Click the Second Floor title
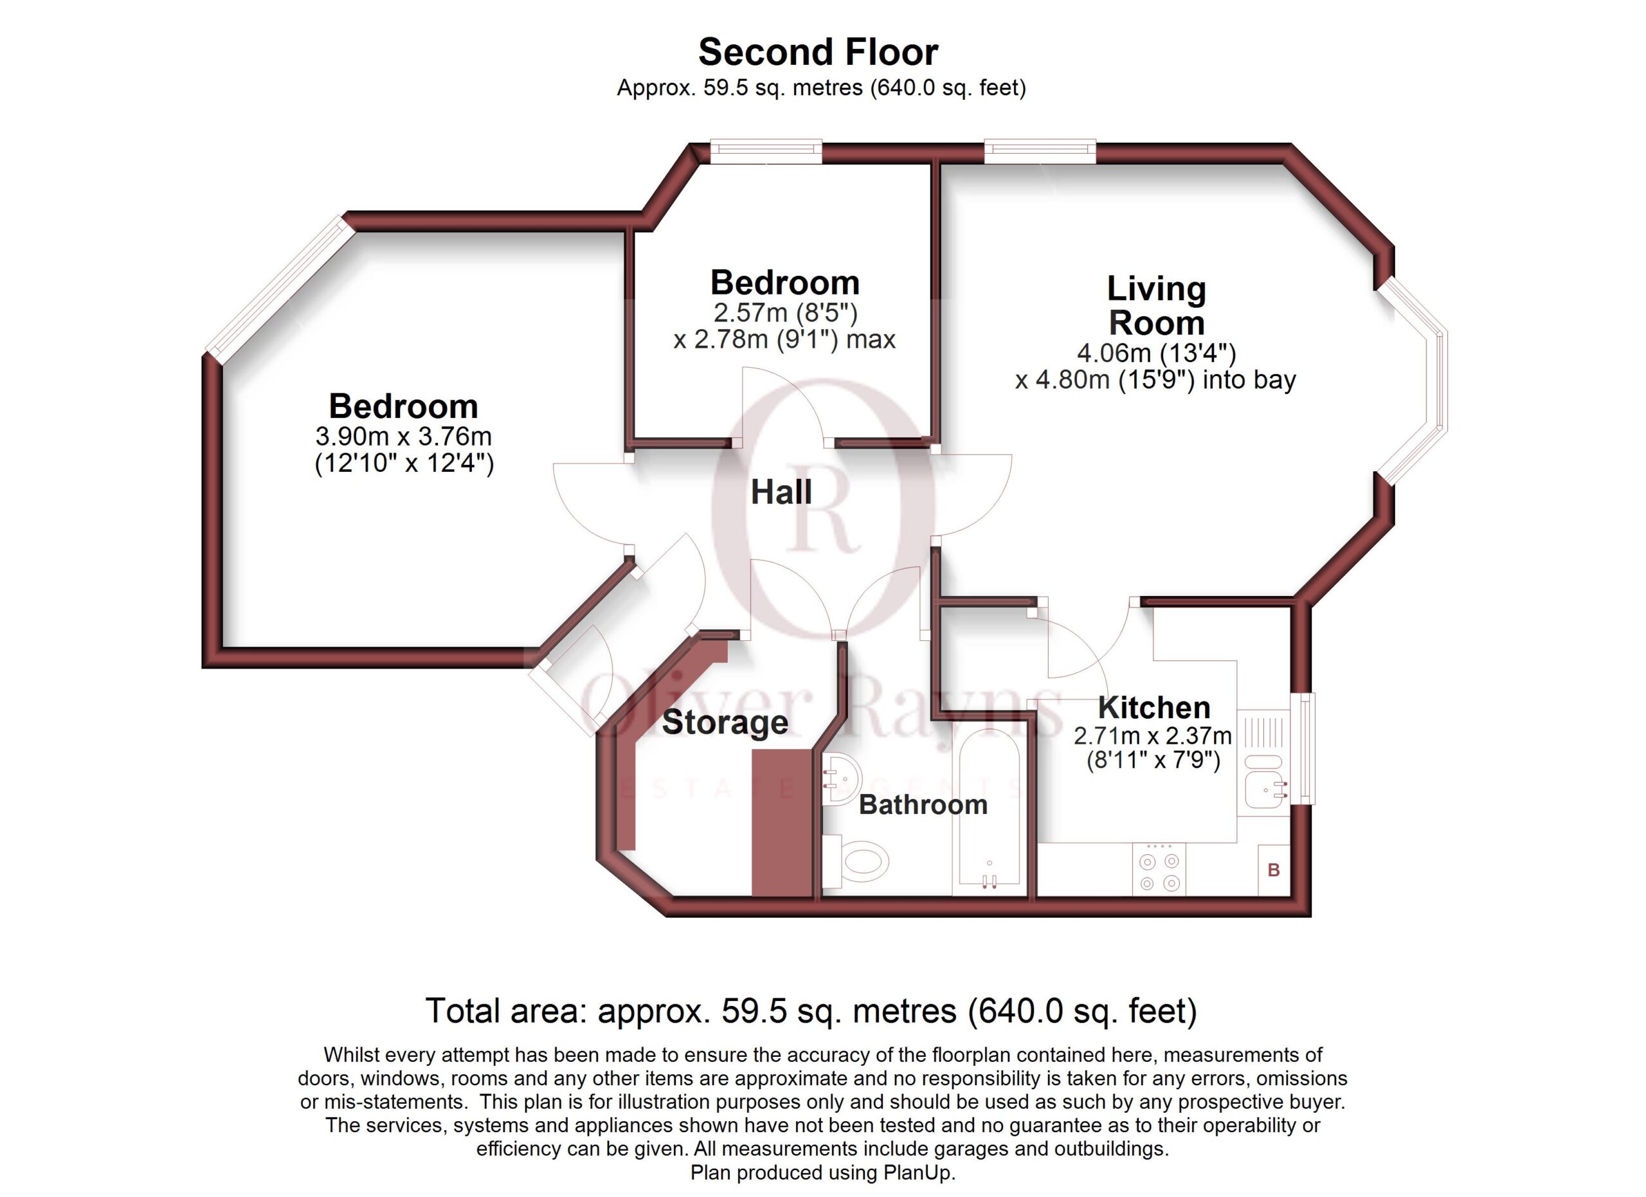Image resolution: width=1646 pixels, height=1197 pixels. point(818,52)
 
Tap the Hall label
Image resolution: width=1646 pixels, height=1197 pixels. point(781,492)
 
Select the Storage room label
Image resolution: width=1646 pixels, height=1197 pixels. point(725,723)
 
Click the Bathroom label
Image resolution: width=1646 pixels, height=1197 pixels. point(923,804)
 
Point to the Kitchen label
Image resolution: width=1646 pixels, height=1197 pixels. point(1154,707)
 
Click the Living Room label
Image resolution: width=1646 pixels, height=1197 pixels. point(1157,305)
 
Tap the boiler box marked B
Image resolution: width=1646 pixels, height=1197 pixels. point(1274,870)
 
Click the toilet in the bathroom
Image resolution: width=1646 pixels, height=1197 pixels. point(856,862)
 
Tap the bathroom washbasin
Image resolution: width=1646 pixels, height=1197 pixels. point(842,780)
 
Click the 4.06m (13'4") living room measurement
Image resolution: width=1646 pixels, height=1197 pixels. point(1156,354)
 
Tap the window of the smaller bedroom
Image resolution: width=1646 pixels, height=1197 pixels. point(766,152)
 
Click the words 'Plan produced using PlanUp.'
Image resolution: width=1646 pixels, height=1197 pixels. point(823,1173)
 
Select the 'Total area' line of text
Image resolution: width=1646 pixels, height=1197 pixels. point(811,1011)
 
